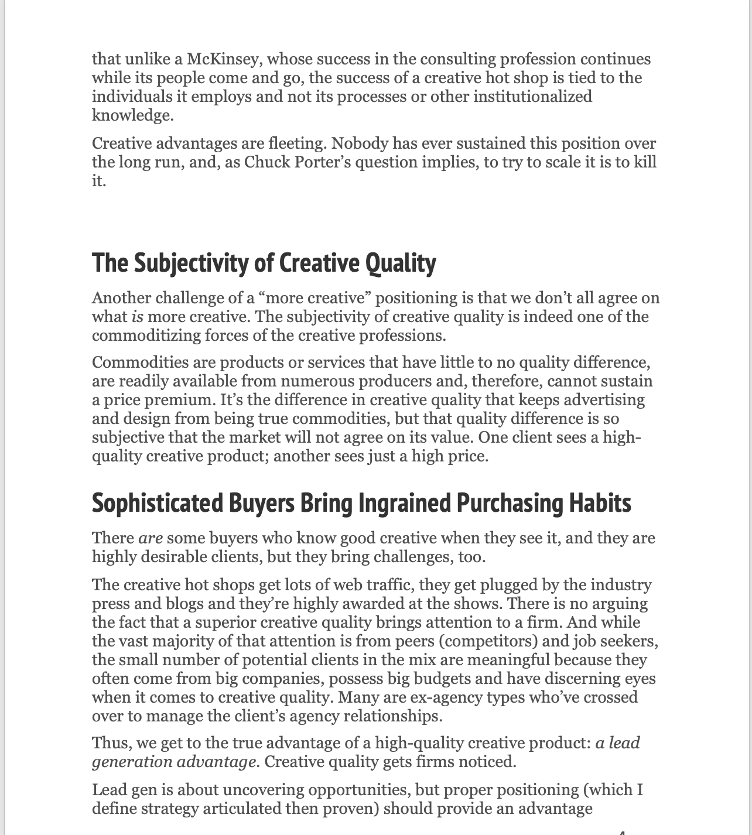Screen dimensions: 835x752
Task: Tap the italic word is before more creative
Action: (x=137, y=317)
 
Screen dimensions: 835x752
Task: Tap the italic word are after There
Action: (x=151, y=538)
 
